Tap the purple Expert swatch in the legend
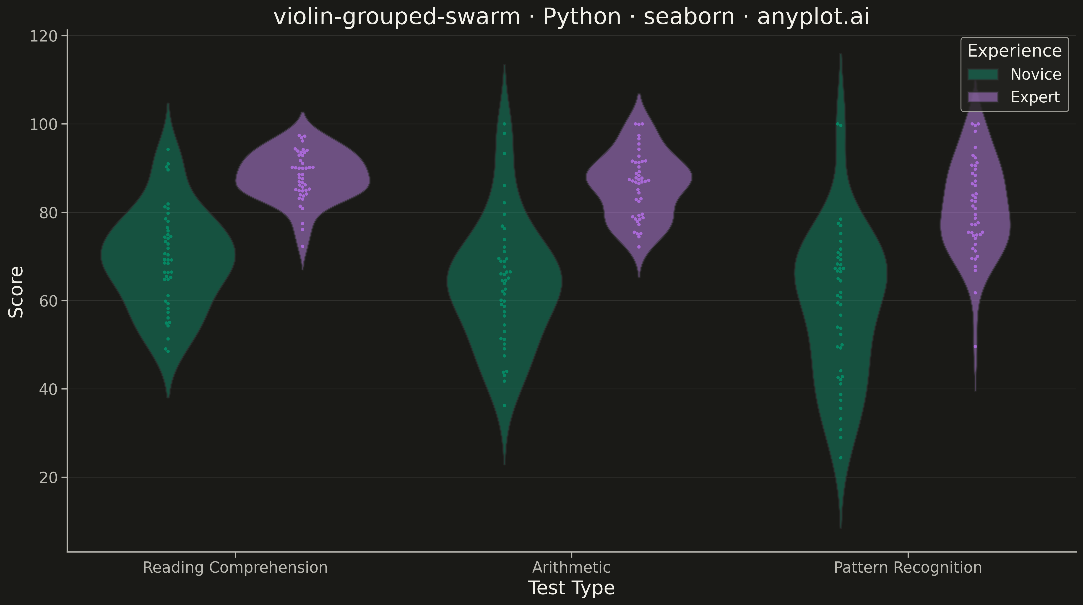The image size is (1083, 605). [x=982, y=97]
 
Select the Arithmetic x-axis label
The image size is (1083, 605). [x=571, y=567]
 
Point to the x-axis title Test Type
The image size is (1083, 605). [x=571, y=588]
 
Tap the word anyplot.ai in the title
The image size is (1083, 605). [x=813, y=17]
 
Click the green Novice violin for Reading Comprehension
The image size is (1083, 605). [x=168, y=261]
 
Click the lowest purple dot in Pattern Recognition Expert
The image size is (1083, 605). [x=975, y=346]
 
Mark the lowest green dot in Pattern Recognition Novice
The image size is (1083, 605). [x=841, y=458]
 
